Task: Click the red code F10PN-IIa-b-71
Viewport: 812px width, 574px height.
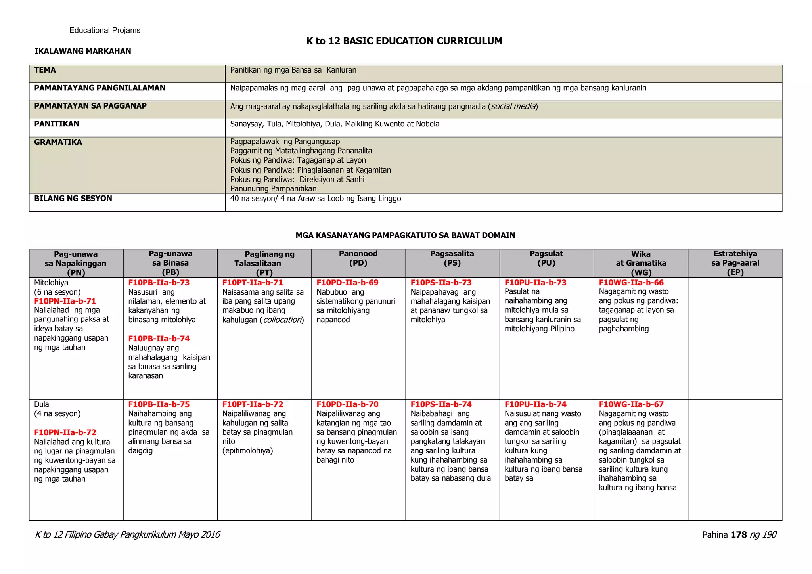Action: click(65, 301)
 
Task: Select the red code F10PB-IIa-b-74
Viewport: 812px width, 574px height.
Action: click(159, 339)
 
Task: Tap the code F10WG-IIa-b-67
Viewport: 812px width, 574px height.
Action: click(631, 404)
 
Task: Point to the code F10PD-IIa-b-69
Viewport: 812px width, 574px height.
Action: click(347, 283)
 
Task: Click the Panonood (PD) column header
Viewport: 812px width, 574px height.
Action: click(358, 258)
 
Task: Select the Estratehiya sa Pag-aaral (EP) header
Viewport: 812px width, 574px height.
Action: click(735, 263)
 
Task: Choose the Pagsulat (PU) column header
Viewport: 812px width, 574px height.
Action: click(546, 258)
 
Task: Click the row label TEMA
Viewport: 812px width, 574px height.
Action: click(45, 70)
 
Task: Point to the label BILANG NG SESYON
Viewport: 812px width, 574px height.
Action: click(73, 199)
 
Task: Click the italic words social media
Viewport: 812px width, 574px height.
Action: click(513, 106)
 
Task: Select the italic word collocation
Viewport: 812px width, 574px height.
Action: click(282, 320)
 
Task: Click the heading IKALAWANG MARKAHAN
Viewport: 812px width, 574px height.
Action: click(82, 51)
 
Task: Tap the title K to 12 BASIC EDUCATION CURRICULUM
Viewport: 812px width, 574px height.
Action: click(404, 41)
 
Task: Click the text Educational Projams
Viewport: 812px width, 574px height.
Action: click(105, 31)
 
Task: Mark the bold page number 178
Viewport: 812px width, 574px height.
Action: click(739, 535)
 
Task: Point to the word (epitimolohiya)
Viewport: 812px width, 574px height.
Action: click(247, 451)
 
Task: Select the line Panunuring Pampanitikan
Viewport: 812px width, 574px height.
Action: click(273, 189)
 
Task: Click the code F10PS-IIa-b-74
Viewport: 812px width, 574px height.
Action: click(441, 404)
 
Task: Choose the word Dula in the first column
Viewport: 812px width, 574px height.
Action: click(42, 404)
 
